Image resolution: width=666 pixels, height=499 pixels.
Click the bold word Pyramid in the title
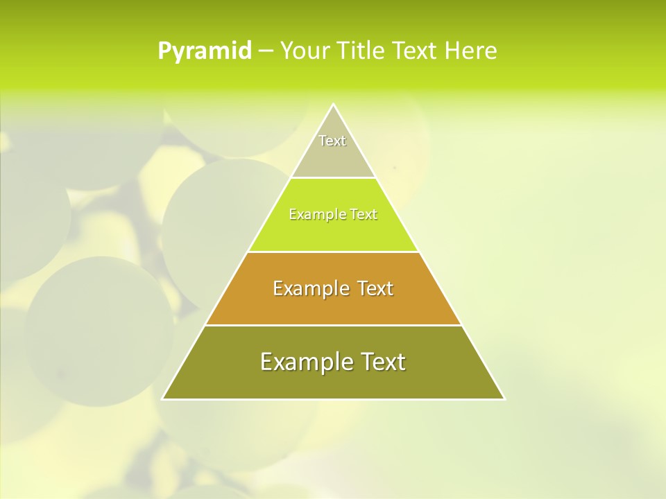tap(205, 51)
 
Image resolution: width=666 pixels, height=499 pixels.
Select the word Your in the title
tap(305, 51)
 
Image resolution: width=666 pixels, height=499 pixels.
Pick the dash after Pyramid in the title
tap(265, 51)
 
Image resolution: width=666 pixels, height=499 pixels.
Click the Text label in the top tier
tap(332, 141)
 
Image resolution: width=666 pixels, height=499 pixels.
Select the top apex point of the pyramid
tap(333, 105)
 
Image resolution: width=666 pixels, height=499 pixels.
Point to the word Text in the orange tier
tap(375, 288)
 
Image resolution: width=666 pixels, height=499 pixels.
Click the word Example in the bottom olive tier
tap(303, 362)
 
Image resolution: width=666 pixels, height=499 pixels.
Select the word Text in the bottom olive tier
tap(380, 362)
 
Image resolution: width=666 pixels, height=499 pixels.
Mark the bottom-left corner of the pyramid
tap(163, 399)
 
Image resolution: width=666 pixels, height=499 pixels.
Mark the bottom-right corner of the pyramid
tap(504, 399)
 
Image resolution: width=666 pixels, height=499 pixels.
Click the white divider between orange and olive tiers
tap(333, 325)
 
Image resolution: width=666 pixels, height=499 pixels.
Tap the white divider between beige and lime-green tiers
tap(333, 177)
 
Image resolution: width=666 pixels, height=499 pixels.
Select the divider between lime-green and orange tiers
tap(333, 252)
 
